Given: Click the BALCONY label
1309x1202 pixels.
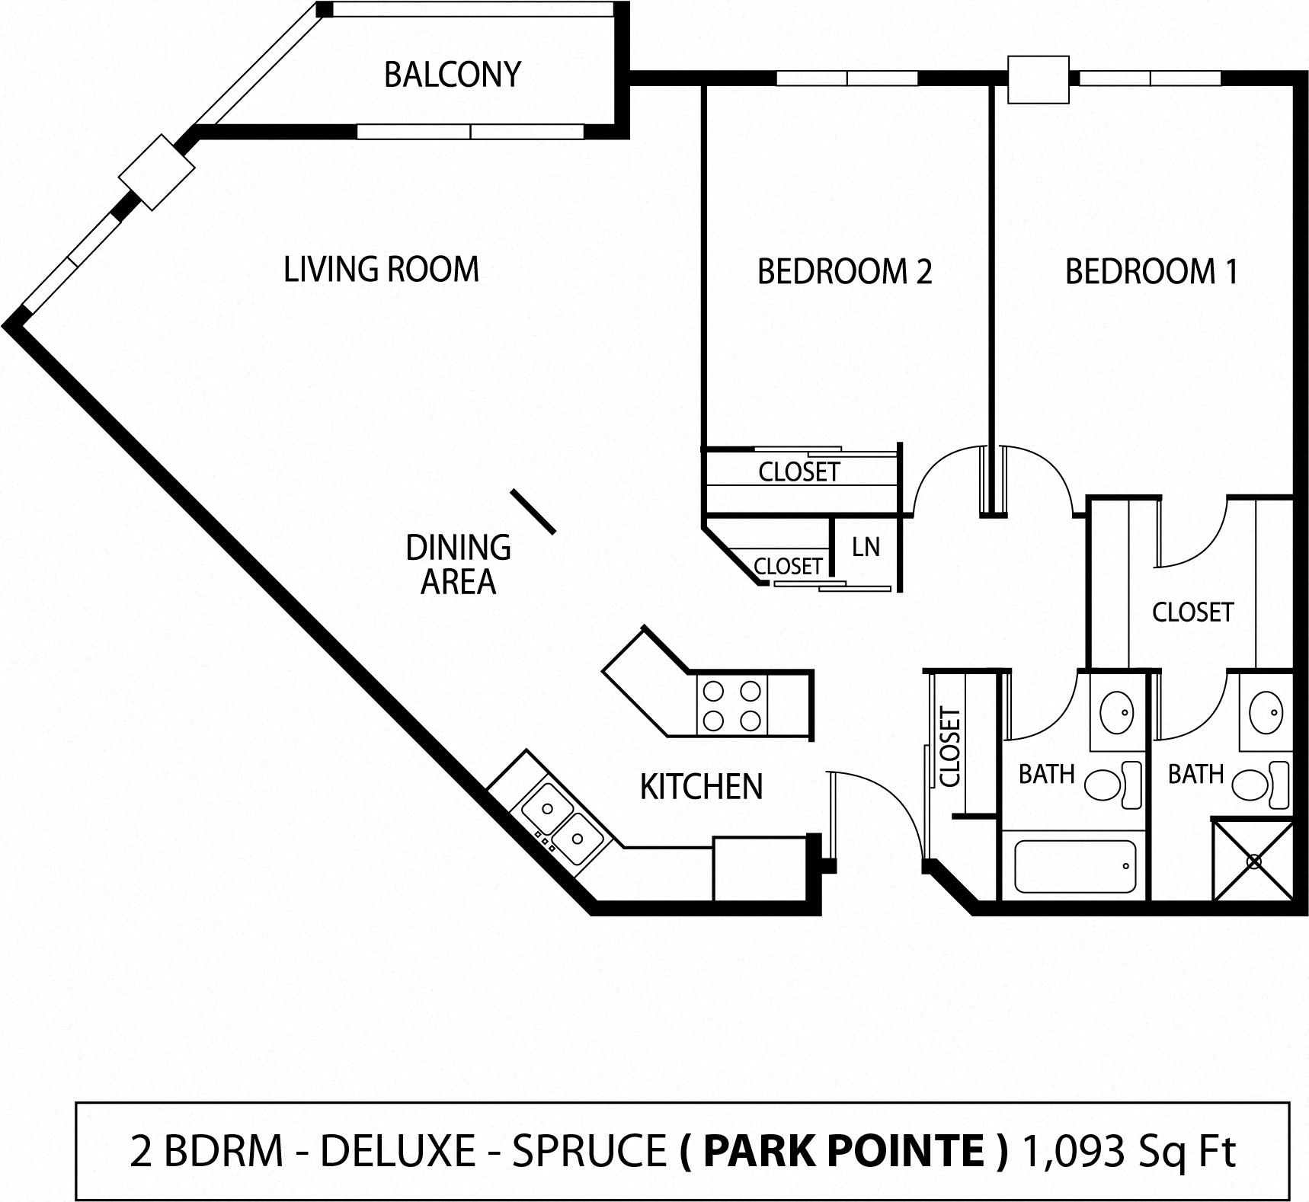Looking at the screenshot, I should [452, 75].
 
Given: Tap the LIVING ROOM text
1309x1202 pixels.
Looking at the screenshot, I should [381, 270].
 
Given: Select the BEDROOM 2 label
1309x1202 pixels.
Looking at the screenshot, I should [844, 272].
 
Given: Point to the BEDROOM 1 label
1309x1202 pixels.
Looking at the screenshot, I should [1151, 272].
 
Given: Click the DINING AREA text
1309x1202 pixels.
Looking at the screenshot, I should [458, 564].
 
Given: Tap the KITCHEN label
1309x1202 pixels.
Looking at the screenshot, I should [701, 787].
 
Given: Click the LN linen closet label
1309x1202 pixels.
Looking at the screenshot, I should [866, 547].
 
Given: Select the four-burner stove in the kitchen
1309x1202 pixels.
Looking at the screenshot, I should [731, 706].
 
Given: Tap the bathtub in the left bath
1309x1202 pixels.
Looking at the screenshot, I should [1074, 867].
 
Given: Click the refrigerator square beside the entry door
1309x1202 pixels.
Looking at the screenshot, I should [760, 869].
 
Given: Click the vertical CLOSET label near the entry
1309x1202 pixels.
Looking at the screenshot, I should [950, 747].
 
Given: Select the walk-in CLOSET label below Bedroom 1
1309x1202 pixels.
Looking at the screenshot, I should [1192, 612].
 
